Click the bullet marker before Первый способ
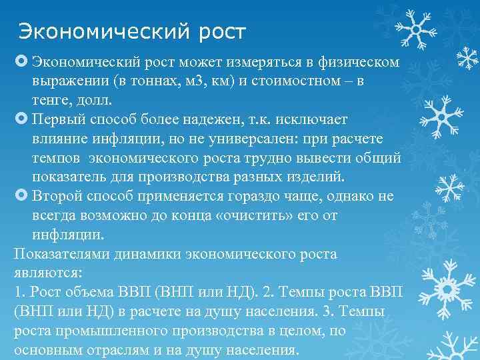tap(19, 119)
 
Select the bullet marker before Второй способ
tap(19, 197)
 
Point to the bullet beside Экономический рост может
tap(19, 61)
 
